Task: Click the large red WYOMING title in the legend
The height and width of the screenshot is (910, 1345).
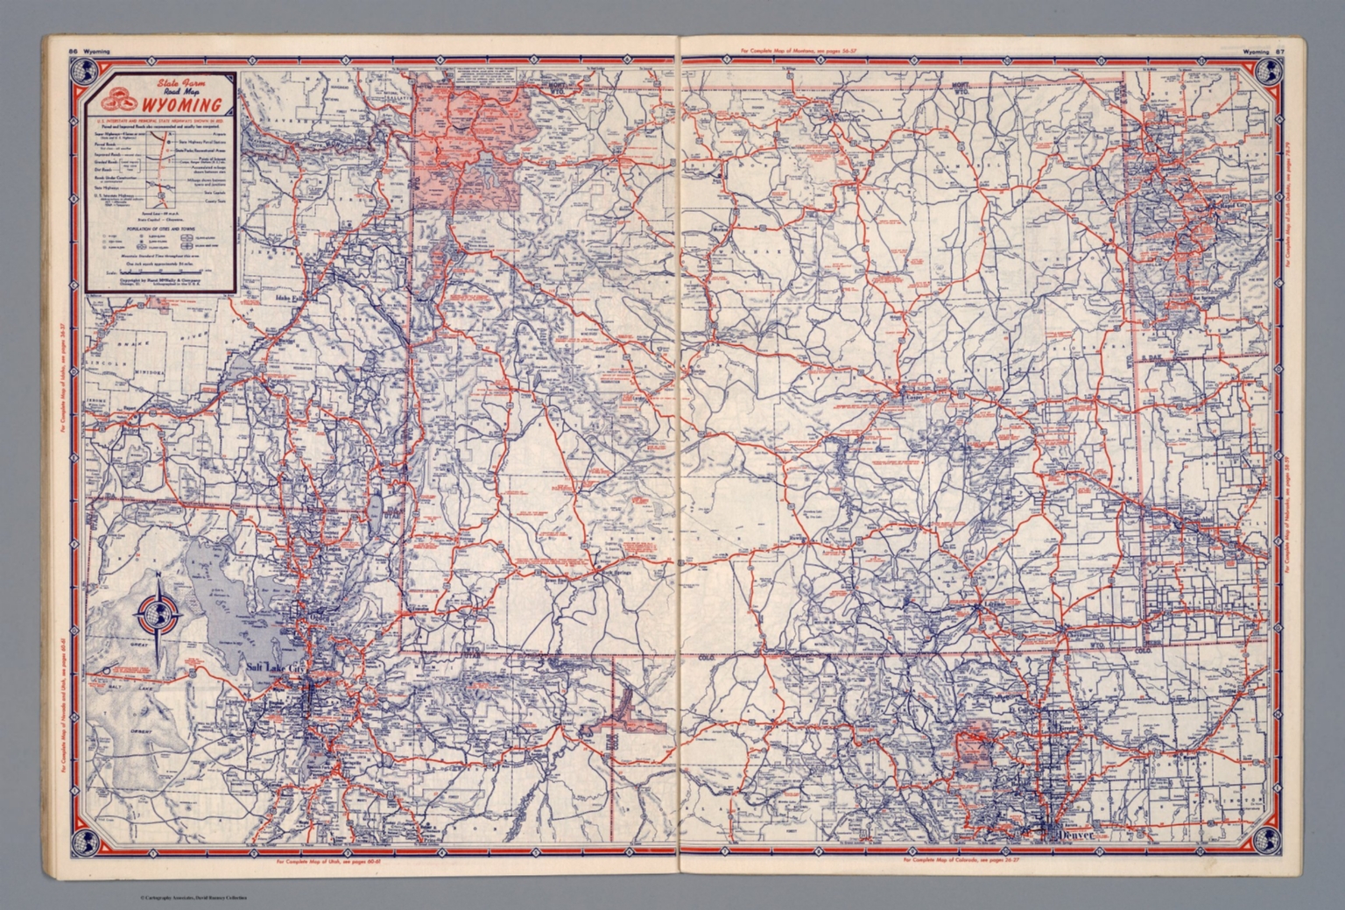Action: click(x=180, y=107)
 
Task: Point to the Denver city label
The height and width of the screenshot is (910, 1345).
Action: click(x=1076, y=835)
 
